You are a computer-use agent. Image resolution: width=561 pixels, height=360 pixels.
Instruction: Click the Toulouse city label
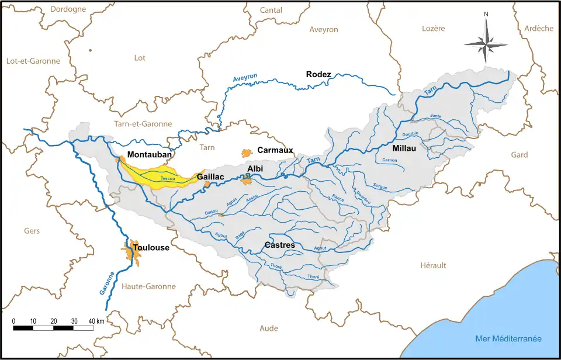click(x=151, y=248)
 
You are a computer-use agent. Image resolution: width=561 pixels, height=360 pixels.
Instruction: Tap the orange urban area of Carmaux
click(x=246, y=153)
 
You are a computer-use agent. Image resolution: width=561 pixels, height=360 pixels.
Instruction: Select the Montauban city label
click(x=150, y=155)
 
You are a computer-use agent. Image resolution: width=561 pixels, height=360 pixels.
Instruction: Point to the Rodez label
click(x=318, y=74)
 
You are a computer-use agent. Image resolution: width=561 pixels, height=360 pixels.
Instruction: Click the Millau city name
click(x=404, y=148)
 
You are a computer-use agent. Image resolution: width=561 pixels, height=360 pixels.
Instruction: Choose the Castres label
click(x=280, y=245)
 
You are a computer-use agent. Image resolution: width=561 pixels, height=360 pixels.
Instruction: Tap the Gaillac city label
click(x=210, y=176)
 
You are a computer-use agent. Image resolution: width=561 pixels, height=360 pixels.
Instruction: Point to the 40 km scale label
click(x=96, y=321)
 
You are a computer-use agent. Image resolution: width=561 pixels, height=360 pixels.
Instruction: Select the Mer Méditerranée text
click(x=508, y=339)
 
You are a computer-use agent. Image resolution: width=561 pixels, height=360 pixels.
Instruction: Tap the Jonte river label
click(x=435, y=116)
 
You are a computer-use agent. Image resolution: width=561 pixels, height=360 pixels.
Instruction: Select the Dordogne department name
click(x=68, y=9)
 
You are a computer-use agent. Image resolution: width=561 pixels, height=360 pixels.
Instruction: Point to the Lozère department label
click(x=433, y=29)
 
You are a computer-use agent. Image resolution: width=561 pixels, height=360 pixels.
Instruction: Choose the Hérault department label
click(x=433, y=265)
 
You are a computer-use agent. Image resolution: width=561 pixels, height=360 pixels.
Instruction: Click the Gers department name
click(x=32, y=231)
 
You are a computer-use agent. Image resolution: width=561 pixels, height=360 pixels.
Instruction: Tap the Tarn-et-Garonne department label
click(x=143, y=124)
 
